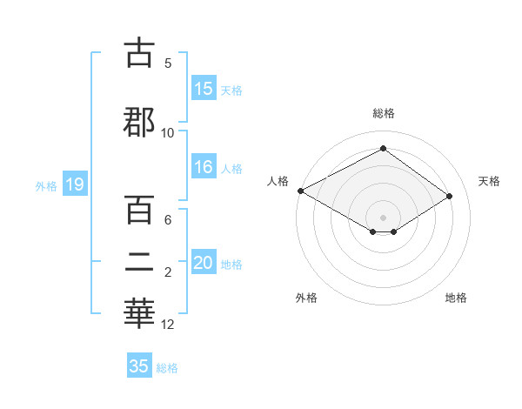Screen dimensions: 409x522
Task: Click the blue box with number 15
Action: coord(204,89)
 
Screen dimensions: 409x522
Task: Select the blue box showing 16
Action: coord(204,168)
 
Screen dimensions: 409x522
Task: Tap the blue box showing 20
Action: coord(204,264)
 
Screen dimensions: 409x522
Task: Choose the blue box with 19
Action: coord(74,184)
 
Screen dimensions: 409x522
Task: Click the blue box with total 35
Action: coord(139,366)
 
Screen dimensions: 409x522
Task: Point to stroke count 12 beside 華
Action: coord(168,325)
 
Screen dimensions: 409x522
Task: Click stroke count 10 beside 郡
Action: coord(168,132)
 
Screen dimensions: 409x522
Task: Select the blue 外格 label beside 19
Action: coord(46,185)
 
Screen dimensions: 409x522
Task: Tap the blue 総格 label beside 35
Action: coord(167,368)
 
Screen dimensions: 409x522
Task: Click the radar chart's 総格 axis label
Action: coord(383,113)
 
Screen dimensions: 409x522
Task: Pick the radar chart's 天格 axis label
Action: coord(489,181)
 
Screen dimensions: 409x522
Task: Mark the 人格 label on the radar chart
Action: coord(278,181)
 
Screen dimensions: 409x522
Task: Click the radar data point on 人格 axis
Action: coord(300,191)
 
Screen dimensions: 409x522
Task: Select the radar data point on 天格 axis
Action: coord(450,197)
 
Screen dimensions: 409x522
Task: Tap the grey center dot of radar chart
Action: coord(383,217)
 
